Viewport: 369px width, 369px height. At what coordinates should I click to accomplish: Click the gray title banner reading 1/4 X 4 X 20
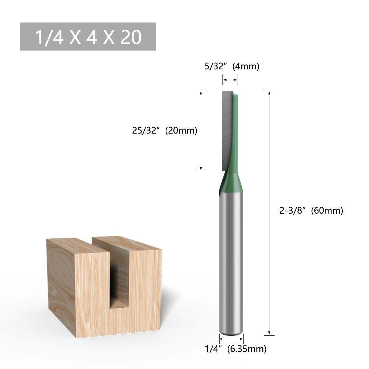point(88,37)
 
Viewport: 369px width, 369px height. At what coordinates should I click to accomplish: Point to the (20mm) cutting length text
point(181,131)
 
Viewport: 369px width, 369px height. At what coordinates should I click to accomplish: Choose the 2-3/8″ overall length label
point(293,211)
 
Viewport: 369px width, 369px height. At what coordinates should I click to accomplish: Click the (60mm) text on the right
point(327,211)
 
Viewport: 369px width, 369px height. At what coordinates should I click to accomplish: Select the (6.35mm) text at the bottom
point(246,349)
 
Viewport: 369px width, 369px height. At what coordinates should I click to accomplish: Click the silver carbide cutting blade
point(226,129)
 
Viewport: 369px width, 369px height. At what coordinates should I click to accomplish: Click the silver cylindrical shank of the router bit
point(231,258)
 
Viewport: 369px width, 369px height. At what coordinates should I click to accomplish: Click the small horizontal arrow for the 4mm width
point(230,80)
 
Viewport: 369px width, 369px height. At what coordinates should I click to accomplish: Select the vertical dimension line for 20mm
point(201,131)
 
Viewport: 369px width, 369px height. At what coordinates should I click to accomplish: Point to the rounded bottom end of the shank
point(231,332)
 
